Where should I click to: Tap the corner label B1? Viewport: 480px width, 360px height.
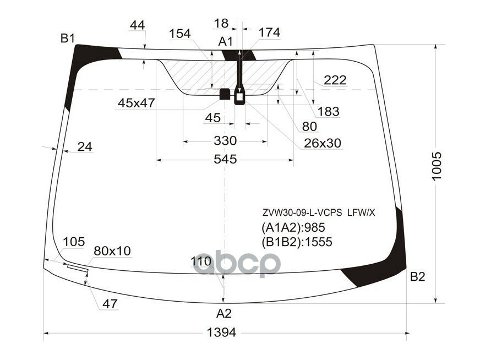[68, 39]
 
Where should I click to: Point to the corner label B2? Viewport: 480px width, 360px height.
[418, 277]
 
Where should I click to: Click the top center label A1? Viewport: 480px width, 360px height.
[226, 41]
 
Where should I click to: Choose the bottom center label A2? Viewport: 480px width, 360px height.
[223, 314]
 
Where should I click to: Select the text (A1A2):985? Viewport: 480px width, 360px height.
[293, 227]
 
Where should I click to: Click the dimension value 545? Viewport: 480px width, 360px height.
[225, 160]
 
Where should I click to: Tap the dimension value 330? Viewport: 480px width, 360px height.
[225, 141]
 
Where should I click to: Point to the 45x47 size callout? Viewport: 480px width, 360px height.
[136, 103]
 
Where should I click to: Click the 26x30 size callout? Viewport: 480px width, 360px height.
[323, 143]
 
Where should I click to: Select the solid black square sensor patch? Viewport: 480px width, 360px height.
[225, 94]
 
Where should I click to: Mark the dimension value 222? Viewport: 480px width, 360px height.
[335, 80]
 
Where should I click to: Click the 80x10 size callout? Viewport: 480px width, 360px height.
[112, 251]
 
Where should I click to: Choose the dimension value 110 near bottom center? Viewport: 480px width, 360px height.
[201, 261]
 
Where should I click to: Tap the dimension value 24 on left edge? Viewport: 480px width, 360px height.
[84, 146]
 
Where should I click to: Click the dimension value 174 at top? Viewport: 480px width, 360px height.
[269, 32]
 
